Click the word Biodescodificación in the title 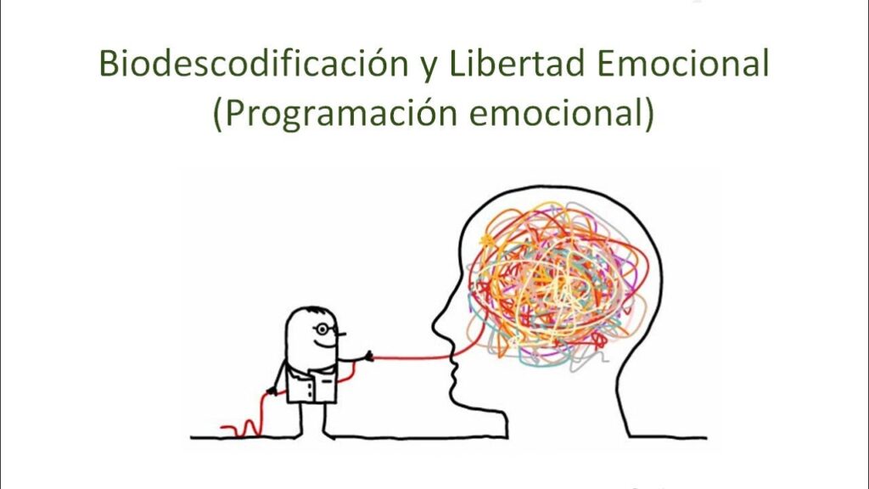tap(253, 63)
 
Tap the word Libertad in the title tap(515, 63)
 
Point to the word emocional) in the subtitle tap(562, 114)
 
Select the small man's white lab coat tap(312, 383)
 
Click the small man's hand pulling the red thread tap(367, 356)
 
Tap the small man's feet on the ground tap(315, 435)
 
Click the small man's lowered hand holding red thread tap(272, 391)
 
